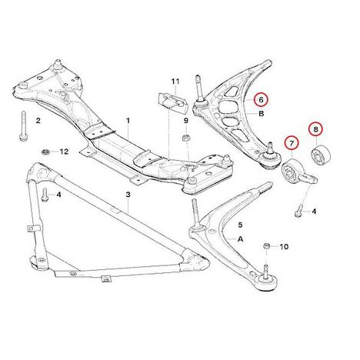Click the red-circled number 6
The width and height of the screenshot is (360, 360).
(x=261, y=99)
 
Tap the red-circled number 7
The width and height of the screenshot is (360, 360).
(x=292, y=144)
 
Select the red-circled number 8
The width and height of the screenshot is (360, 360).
(x=315, y=129)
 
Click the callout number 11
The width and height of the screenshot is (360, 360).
(x=175, y=82)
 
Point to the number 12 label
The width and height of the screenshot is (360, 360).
(x=64, y=152)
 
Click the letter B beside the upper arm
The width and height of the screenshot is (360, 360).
(x=262, y=113)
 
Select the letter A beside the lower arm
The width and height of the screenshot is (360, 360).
(x=240, y=239)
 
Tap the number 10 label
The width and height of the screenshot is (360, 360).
(x=284, y=247)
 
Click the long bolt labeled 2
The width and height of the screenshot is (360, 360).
(x=23, y=125)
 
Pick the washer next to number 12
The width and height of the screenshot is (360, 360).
(x=45, y=152)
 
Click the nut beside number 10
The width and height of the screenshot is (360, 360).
(x=267, y=246)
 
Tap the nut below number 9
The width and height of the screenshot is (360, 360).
(x=185, y=138)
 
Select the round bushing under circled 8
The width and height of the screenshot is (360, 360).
(x=321, y=155)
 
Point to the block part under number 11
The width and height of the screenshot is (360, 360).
(x=172, y=103)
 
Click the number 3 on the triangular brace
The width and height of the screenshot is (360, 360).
(x=128, y=195)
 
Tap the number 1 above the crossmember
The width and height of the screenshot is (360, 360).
(x=128, y=120)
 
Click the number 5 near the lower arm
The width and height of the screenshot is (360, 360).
(x=240, y=225)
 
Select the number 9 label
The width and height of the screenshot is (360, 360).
(x=186, y=120)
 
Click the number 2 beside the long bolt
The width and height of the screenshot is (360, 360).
(x=38, y=120)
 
